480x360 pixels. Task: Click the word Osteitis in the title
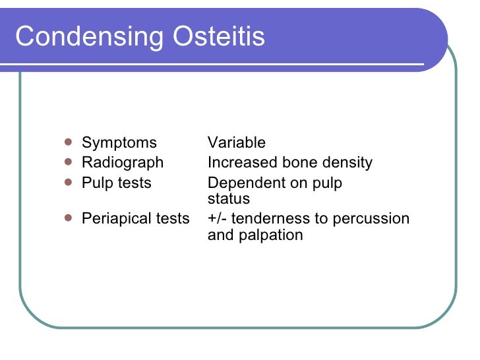[x=219, y=36]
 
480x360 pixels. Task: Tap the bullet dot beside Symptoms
[x=69, y=141]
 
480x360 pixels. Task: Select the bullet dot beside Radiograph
[x=69, y=161]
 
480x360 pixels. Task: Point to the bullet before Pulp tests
[x=69, y=181]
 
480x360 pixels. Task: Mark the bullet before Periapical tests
[x=69, y=217]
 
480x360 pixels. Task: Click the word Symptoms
[x=119, y=143]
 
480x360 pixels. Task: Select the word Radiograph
[x=123, y=163]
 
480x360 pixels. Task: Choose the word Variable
[x=237, y=143]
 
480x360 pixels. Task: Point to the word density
[x=346, y=163]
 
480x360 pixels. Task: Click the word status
[x=229, y=199]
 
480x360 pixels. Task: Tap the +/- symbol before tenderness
[x=218, y=218]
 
